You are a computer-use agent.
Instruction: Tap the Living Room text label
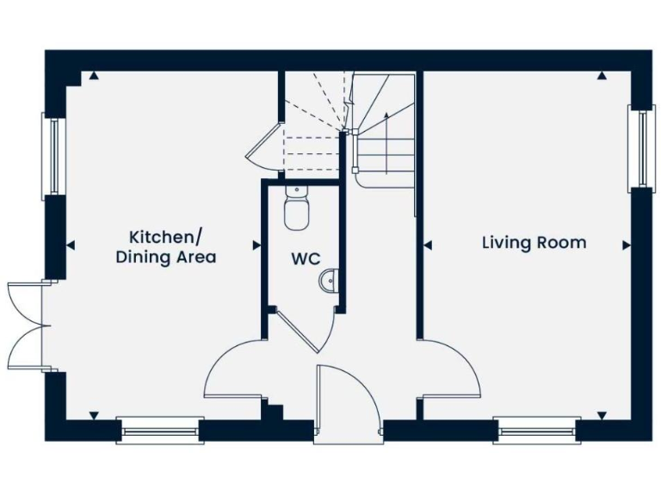(534, 243)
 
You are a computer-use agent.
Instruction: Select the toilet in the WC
(295, 211)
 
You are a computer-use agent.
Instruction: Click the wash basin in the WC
(328, 281)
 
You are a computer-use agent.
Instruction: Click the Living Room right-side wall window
(639, 146)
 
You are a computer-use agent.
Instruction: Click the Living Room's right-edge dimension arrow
(626, 245)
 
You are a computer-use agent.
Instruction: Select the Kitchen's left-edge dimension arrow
(71, 245)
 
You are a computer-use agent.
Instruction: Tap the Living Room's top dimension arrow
(602, 77)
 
